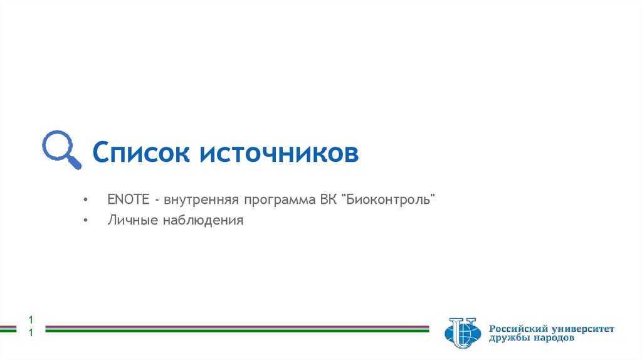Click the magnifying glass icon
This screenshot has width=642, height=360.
tap(61, 150)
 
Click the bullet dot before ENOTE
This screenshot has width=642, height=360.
tap(85, 200)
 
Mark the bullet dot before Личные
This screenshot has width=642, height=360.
tap(85, 221)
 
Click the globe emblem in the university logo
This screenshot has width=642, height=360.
tap(463, 333)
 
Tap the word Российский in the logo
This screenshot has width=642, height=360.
tap(519, 328)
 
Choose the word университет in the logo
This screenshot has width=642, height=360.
tap(584, 328)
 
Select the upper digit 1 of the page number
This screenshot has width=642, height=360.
tap(29, 319)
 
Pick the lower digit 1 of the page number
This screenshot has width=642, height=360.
tap(29, 333)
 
